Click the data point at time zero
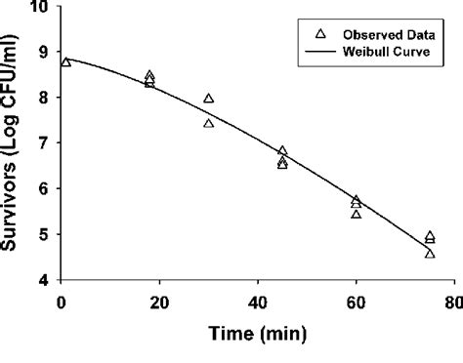[66, 62]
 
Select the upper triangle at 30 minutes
[209, 99]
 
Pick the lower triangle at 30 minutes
[209, 123]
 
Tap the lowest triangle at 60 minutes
[356, 214]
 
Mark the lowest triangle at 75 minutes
[430, 254]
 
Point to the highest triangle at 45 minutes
[282, 151]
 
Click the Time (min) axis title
[258, 334]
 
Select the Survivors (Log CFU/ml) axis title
[14, 146]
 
